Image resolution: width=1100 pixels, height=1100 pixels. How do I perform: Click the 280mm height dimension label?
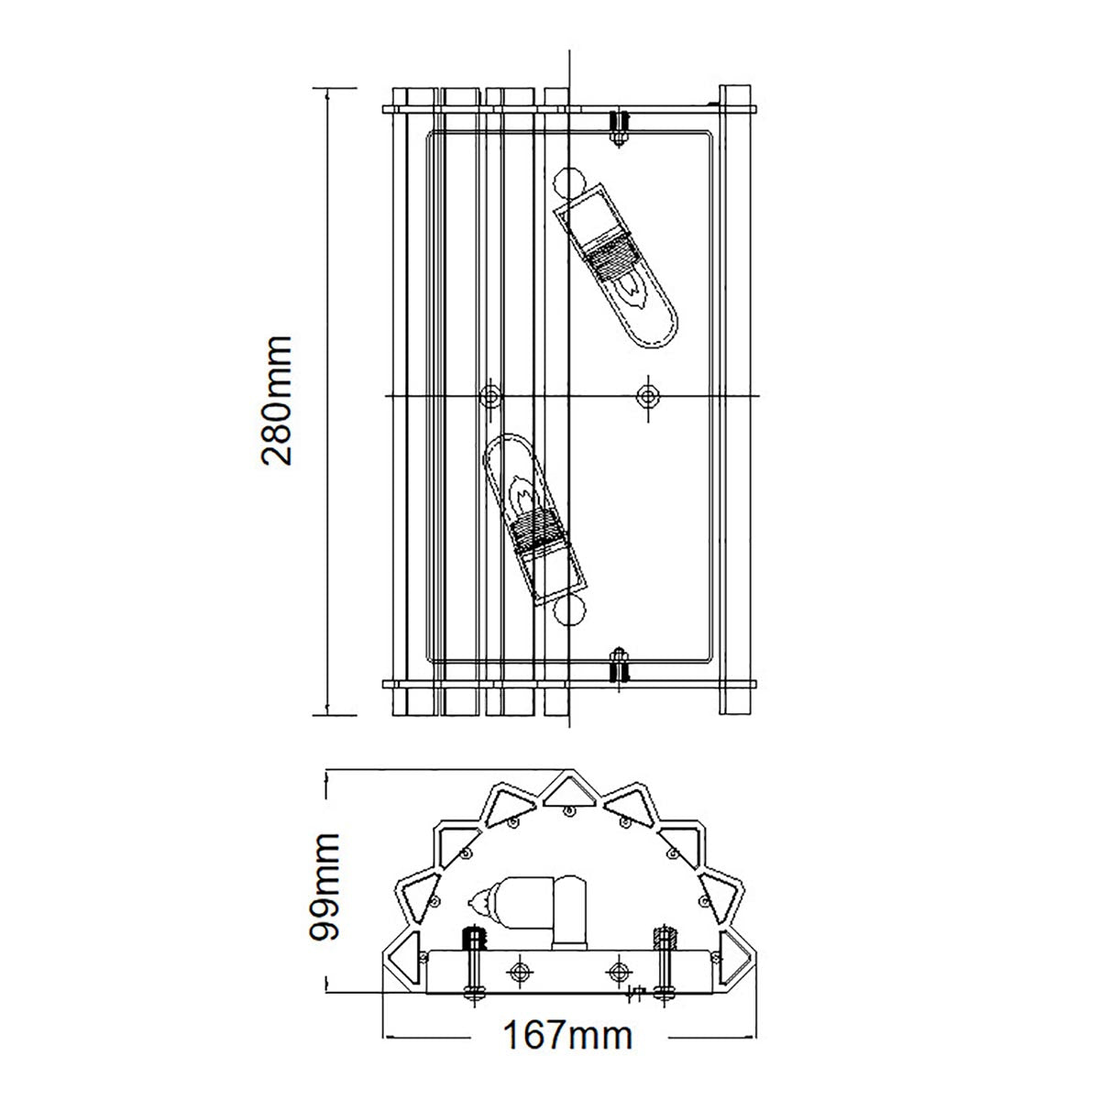tap(276, 401)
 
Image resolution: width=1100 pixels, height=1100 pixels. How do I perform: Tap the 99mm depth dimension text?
tap(325, 885)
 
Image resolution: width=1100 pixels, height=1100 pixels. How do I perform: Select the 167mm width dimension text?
tap(568, 1036)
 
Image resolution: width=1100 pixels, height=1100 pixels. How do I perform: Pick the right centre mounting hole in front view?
tap(649, 395)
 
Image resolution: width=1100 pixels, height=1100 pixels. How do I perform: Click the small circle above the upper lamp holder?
tap(568, 181)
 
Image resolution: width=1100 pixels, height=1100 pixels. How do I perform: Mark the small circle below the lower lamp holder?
tap(568, 610)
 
